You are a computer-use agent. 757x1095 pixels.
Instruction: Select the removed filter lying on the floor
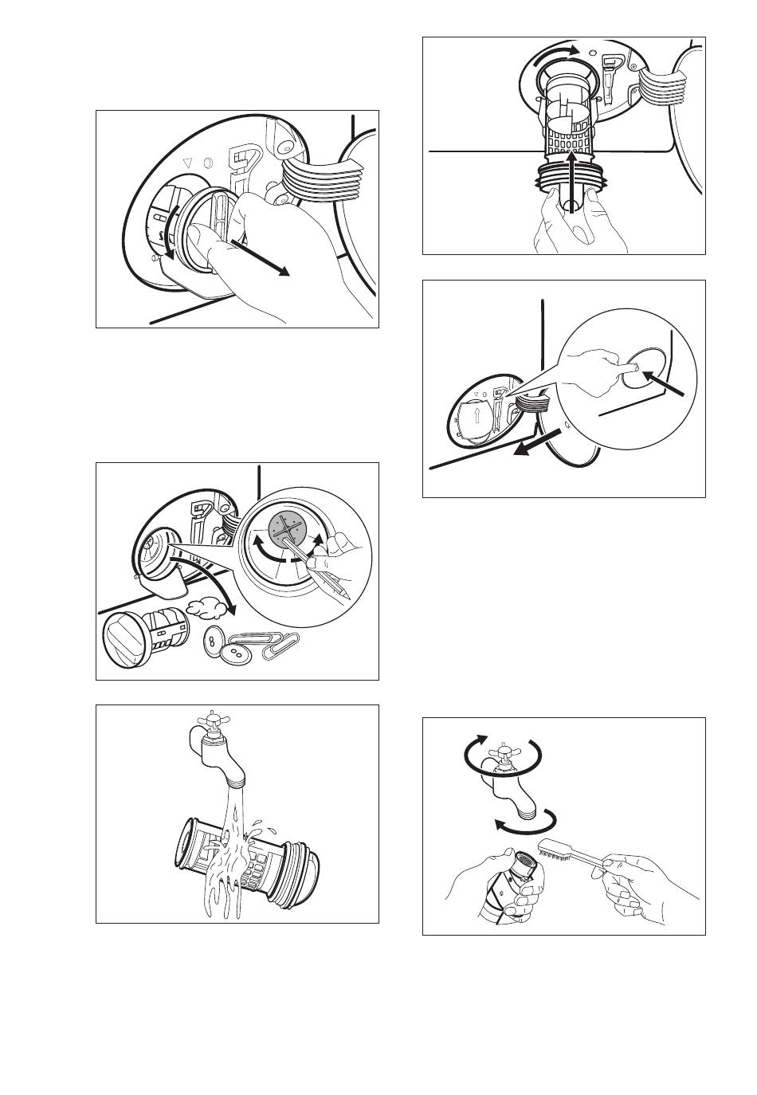pyautogui.click(x=143, y=638)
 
